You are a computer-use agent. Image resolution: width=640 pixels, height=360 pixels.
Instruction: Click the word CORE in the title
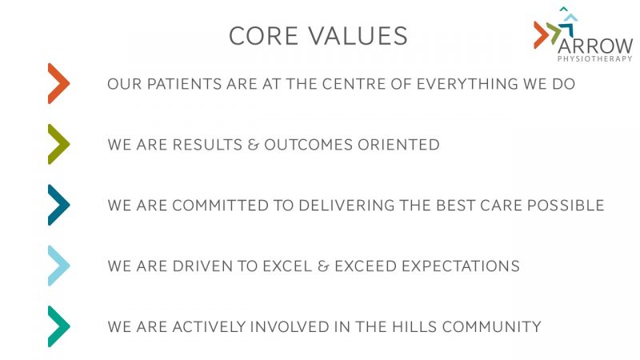coord(263,36)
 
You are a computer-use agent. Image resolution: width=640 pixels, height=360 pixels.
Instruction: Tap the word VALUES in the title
coord(358,36)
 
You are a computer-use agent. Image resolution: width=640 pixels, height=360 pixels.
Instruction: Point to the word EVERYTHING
coord(467,84)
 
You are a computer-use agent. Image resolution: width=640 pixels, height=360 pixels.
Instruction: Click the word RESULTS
coord(207,145)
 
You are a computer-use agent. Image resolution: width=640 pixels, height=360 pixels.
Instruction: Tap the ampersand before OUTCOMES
coord(253,145)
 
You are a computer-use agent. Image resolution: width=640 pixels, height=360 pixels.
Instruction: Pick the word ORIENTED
coord(398,145)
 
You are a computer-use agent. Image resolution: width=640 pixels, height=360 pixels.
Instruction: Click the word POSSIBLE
coord(566,206)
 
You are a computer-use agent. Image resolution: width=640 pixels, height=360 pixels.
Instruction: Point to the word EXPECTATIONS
coord(461,266)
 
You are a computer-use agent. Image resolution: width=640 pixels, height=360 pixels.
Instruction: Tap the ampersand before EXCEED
coord(323,266)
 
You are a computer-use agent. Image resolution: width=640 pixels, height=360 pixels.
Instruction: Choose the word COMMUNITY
coord(491,327)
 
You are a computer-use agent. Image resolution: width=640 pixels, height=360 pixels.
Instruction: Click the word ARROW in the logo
coord(595,46)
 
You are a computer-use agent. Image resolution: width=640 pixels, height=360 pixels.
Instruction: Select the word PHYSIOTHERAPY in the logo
coord(595,58)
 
